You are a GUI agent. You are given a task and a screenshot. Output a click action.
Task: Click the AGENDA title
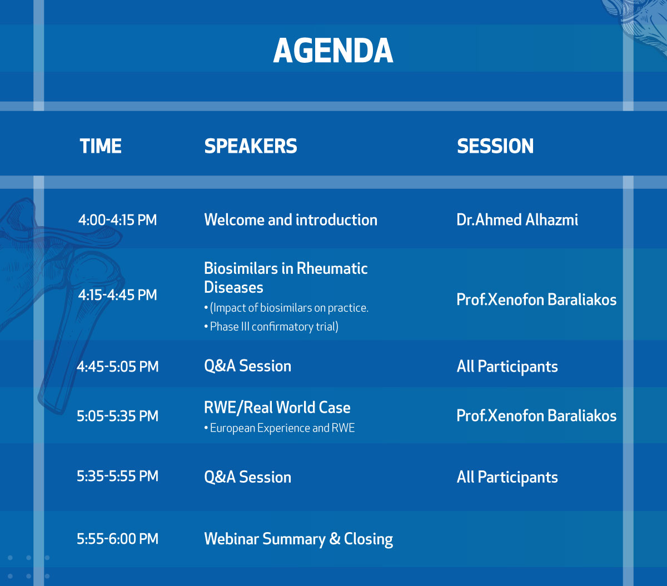[x=333, y=51]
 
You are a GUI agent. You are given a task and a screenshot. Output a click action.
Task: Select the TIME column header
[x=101, y=146]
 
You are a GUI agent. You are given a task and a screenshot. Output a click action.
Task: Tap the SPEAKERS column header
[x=251, y=146]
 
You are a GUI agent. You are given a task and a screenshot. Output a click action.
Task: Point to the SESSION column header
[x=495, y=146]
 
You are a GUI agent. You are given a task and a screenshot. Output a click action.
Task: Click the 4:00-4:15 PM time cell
[x=117, y=220]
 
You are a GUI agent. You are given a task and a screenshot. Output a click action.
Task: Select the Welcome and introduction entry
[x=291, y=220]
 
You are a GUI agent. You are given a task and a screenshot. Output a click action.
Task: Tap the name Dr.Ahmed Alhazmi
[x=517, y=220]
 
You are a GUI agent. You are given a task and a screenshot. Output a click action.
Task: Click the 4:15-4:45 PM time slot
[x=117, y=295]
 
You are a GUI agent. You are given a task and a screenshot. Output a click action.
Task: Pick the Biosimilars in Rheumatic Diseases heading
[x=286, y=278]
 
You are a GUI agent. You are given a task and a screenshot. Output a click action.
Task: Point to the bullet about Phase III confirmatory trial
[x=271, y=327]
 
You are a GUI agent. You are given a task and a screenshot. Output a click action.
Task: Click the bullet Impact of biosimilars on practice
[x=286, y=308]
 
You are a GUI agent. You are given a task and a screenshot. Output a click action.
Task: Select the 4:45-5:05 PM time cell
[x=117, y=367]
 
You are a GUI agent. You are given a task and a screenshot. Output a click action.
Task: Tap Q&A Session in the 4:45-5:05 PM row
[x=247, y=366]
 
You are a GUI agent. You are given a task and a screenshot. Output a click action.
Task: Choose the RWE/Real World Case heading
[x=277, y=408]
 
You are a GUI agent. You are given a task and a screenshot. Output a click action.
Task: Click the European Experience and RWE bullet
[x=280, y=428]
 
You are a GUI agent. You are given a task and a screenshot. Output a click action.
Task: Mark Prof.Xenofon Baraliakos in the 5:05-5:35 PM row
[x=536, y=416]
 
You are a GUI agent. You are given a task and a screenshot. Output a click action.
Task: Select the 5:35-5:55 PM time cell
[x=117, y=476]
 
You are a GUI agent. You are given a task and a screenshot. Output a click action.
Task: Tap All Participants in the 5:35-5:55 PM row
[x=507, y=478]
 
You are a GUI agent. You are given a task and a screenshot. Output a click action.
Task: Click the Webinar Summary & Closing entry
[x=298, y=539]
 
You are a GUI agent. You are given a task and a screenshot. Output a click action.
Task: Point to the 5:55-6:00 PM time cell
[x=117, y=539]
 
